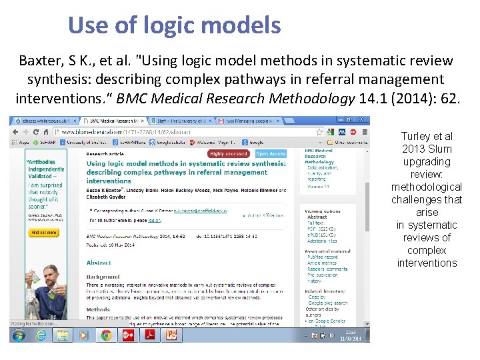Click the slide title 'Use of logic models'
pos(174,25)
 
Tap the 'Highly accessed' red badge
pos(227,154)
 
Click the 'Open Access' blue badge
pos(271,154)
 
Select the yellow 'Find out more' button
pos(44,233)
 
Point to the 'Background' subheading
pos(103,277)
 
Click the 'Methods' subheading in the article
pos(98,309)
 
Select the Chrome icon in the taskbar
pos(106,335)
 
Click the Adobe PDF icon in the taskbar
pos(150,335)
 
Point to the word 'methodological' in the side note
pos(427,187)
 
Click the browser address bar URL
pos(127,133)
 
